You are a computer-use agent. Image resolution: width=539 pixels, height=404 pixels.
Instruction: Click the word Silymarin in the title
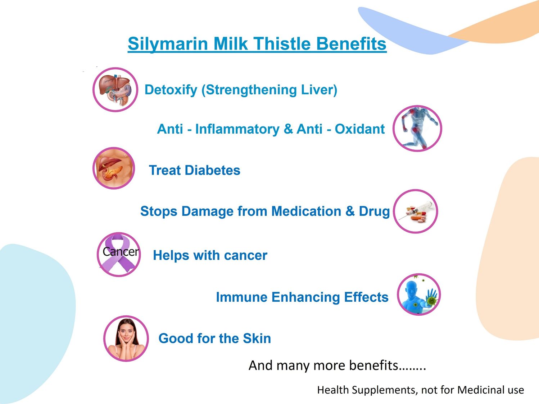point(168,44)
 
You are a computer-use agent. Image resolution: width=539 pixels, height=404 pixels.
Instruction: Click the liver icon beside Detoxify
point(115,90)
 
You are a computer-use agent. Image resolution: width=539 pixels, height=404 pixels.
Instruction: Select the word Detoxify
point(171,90)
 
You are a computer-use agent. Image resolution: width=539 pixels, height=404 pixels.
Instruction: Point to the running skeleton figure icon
point(417,128)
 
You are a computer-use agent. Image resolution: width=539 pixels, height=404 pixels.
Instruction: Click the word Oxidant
point(360,129)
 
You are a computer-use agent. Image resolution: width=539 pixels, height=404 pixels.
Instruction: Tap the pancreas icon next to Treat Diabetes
point(114,168)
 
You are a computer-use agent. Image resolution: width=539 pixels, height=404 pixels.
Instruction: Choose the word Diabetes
point(213,170)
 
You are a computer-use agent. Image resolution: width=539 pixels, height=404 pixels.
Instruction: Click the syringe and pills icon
point(416,211)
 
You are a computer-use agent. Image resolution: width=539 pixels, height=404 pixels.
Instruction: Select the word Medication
point(306,211)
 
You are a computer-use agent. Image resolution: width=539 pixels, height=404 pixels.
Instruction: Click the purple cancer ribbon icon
point(119,254)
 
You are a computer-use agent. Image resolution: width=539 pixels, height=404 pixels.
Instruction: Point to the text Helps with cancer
point(210,256)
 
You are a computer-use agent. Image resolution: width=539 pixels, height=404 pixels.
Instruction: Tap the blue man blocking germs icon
point(419,294)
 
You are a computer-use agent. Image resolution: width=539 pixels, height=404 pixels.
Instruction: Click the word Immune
point(242,297)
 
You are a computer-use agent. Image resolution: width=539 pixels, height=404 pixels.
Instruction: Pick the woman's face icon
point(126,338)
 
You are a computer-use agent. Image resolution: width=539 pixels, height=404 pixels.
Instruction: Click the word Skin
point(257,338)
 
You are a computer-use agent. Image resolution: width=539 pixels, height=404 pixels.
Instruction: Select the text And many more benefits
point(337,366)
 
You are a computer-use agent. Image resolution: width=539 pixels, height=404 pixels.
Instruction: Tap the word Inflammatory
point(237,129)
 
